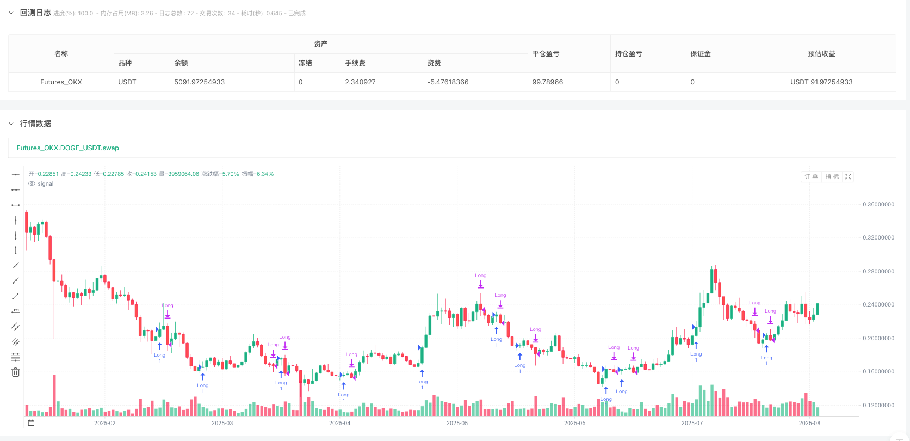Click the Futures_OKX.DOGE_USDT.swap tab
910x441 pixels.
(x=67, y=148)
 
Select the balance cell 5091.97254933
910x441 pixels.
(x=199, y=82)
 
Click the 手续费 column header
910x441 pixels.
(x=355, y=63)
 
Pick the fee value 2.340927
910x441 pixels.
(x=360, y=82)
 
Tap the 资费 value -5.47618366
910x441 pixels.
(x=448, y=82)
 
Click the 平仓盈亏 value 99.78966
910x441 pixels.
(x=547, y=82)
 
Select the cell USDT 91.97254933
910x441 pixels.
(x=821, y=82)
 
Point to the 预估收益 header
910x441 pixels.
(x=821, y=54)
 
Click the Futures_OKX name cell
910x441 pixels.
(x=61, y=82)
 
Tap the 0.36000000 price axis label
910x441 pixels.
(x=878, y=205)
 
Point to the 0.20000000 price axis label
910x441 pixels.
(x=878, y=339)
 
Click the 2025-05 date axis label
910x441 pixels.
(x=457, y=423)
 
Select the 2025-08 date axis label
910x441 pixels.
(x=809, y=423)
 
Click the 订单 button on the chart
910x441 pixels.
(x=811, y=176)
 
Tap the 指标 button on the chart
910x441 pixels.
(x=832, y=176)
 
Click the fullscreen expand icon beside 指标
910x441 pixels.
(x=848, y=176)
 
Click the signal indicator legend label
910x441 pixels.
(x=46, y=184)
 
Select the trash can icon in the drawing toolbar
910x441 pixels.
(x=15, y=372)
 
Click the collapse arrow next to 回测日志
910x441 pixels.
(x=11, y=13)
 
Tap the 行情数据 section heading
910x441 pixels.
(x=35, y=124)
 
